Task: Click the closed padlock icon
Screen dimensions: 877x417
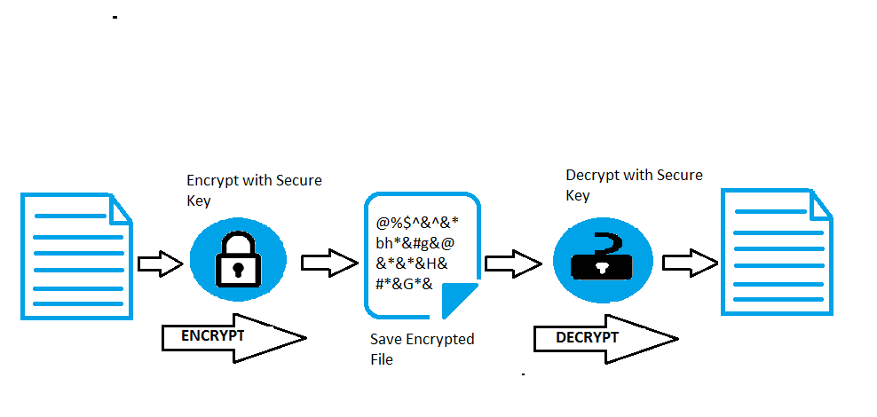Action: (x=238, y=259)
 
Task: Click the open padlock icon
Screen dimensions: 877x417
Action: (x=602, y=256)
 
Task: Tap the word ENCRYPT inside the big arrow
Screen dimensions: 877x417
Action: (x=212, y=336)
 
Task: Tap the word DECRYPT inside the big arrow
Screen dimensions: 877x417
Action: (x=588, y=338)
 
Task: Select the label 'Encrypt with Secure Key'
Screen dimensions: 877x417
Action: (x=255, y=190)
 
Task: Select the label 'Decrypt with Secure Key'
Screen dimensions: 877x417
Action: (x=635, y=185)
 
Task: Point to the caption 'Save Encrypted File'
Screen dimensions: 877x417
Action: (x=423, y=349)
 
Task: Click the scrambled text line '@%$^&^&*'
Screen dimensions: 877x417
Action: (x=418, y=223)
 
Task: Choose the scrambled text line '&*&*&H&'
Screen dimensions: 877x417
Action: (x=412, y=264)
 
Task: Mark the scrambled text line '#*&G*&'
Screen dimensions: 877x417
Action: (x=405, y=284)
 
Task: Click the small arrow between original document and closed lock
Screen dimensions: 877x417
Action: (x=161, y=264)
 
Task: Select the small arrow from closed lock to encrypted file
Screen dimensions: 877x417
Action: (x=329, y=263)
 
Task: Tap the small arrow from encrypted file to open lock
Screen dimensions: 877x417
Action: (x=513, y=264)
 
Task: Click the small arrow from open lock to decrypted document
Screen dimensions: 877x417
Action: (x=691, y=263)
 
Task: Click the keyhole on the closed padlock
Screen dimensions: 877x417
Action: (x=238, y=270)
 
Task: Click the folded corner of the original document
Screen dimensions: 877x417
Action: (x=119, y=210)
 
